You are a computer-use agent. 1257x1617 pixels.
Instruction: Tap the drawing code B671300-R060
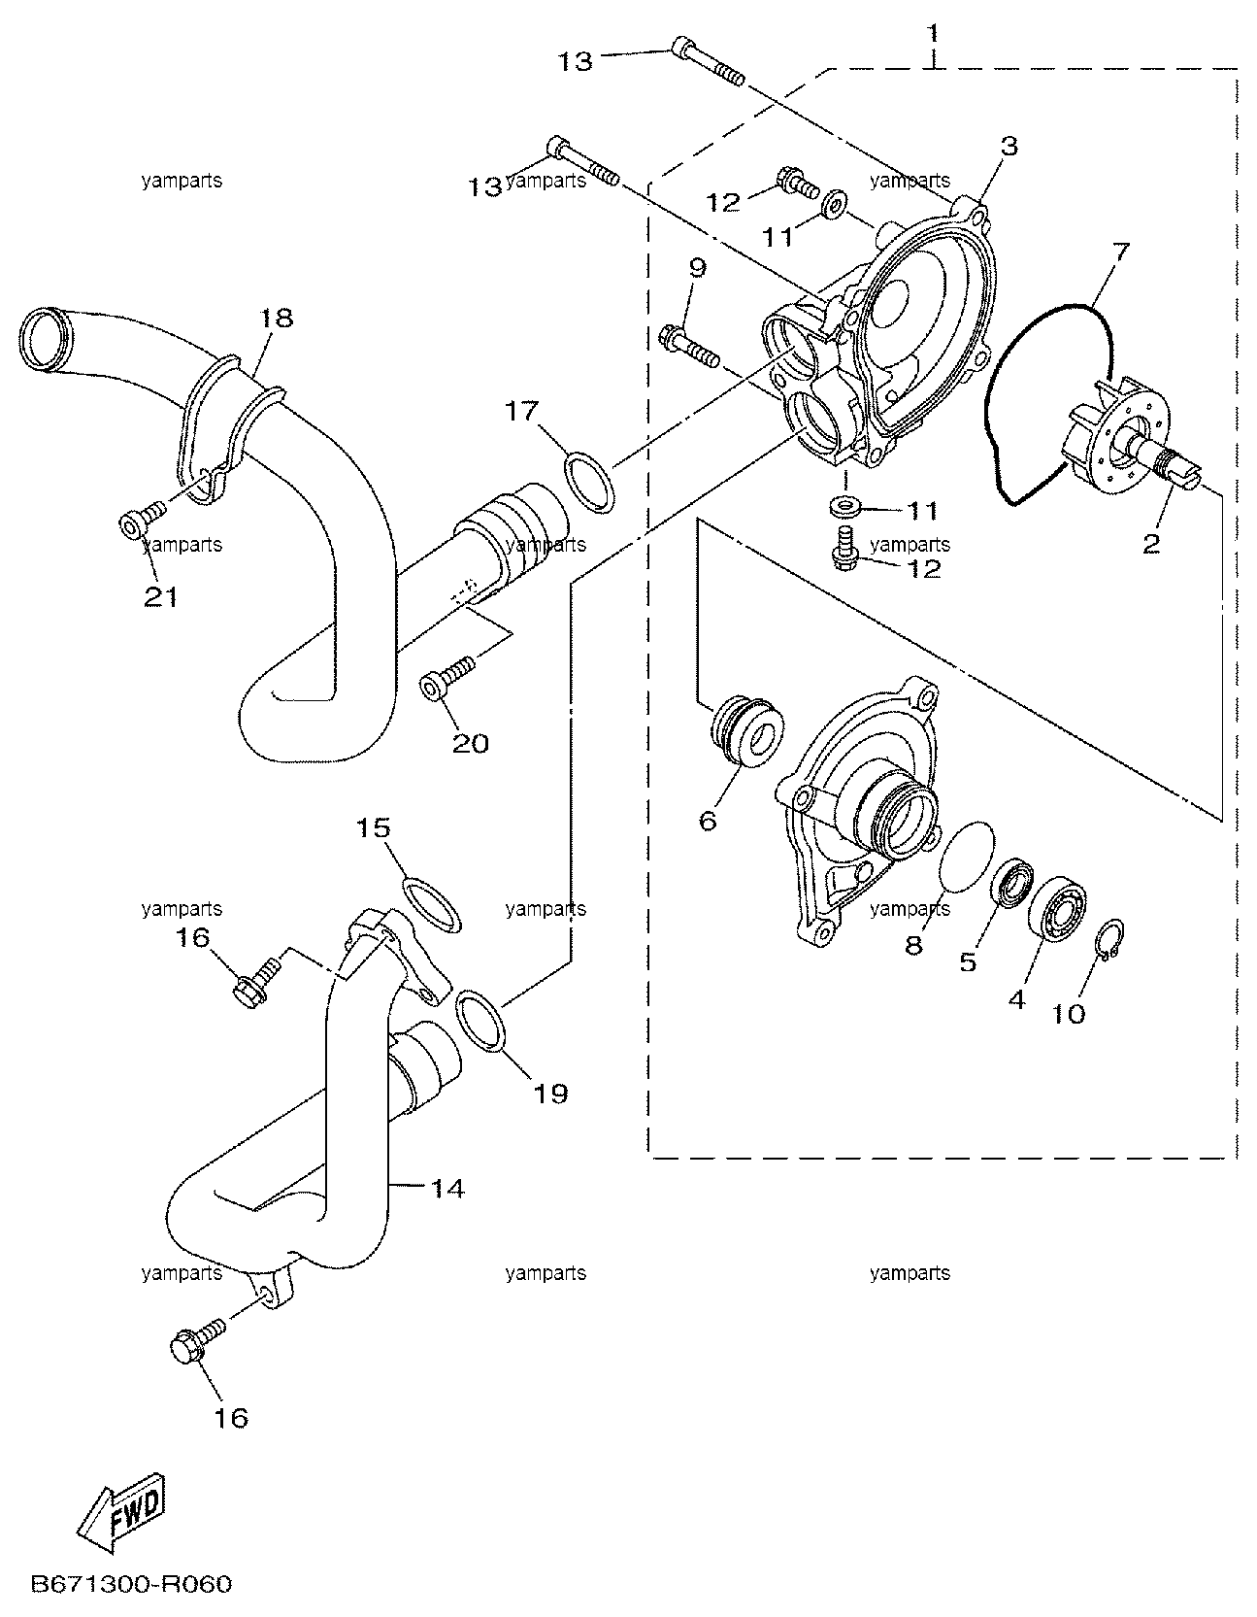pyautogui.click(x=133, y=1585)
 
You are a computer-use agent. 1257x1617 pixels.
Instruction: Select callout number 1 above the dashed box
pyautogui.click(x=933, y=34)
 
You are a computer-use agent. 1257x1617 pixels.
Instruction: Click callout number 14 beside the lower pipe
pyautogui.click(x=447, y=1187)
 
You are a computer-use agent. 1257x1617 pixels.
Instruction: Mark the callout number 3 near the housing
pyautogui.click(x=1009, y=146)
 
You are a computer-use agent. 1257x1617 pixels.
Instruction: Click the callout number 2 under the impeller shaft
pyautogui.click(x=1151, y=544)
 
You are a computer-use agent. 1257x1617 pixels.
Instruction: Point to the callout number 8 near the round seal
pyautogui.click(x=913, y=944)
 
